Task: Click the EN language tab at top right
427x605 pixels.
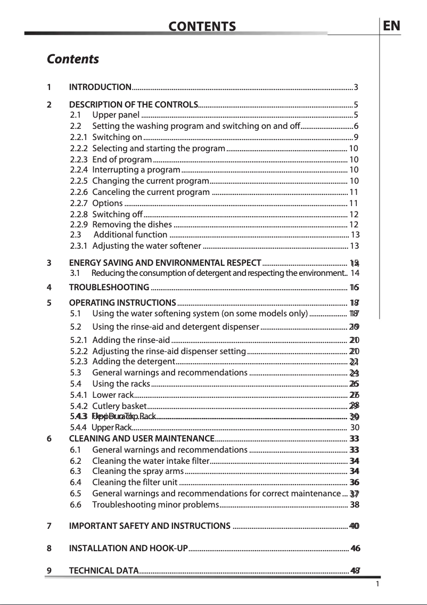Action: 392,26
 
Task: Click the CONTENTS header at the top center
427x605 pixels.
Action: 202,27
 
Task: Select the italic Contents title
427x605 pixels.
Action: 73,59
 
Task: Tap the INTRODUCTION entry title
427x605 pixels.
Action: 101,87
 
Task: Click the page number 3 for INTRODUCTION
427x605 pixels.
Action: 356,87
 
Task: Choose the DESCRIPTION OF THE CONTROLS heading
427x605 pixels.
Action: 133,104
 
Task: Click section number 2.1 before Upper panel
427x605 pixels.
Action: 76,115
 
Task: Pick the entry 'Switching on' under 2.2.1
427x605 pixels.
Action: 117,137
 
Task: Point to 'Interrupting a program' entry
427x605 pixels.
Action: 136,170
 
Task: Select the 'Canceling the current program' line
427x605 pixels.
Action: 151,192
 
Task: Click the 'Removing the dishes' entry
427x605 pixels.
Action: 132,224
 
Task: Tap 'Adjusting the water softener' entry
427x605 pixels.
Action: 146,246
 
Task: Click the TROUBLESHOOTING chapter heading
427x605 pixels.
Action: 109,288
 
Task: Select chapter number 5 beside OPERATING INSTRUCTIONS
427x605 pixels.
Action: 49,302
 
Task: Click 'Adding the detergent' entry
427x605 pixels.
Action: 130,362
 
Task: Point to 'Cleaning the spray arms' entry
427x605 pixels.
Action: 137,471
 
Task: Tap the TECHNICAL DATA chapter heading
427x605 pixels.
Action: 104,571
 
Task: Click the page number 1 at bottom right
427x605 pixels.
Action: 376,584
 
